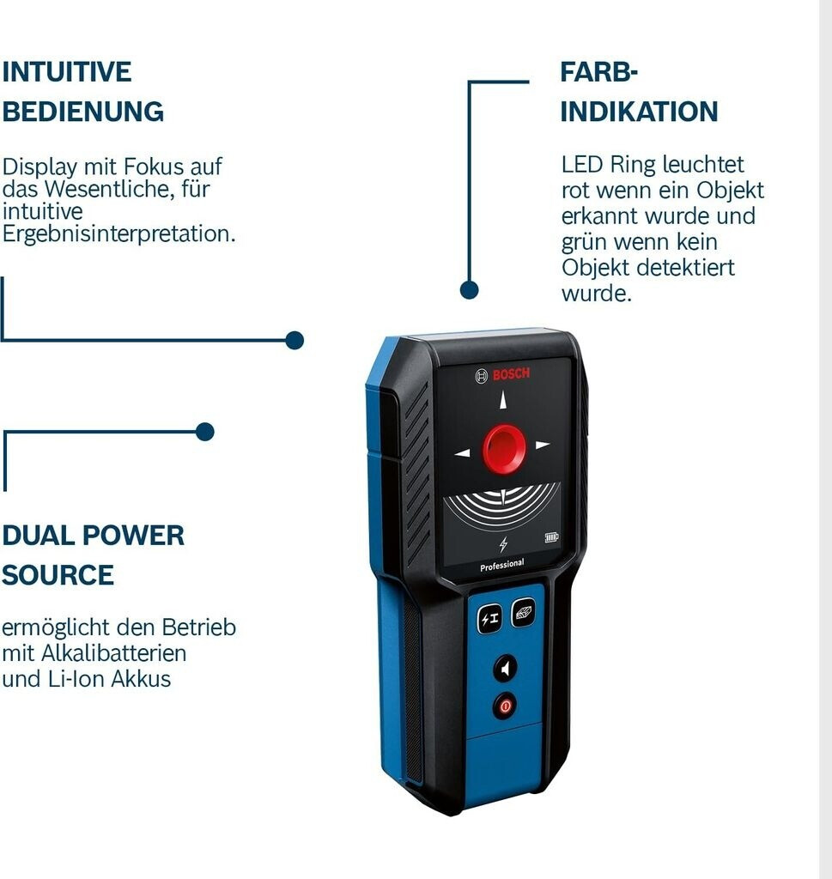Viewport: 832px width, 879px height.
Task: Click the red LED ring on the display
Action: (504, 446)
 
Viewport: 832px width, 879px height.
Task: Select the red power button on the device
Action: (505, 706)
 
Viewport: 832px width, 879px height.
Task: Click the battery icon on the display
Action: (550, 538)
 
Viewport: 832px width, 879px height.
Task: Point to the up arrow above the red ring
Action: (503, 400)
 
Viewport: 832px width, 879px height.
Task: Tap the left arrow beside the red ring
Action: (462, 452)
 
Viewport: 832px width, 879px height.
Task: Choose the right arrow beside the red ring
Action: (542, 445)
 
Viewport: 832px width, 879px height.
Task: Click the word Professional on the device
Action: (502, 564)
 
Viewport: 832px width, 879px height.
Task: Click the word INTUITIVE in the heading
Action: (66, 72)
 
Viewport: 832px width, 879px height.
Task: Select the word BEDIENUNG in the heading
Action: (82, 112)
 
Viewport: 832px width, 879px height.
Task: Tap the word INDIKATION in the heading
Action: (639, 112)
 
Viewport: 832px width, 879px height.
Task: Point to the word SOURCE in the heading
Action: (58, 575)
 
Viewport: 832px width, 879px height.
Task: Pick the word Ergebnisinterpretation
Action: (118, 234)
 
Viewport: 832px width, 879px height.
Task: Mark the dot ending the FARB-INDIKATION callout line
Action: (469, 290)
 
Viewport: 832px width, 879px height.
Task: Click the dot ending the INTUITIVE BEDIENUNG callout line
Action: (295, 340)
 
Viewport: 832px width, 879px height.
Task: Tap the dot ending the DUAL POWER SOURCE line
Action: (204, 432)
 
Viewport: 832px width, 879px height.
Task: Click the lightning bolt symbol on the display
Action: (503, 543)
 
